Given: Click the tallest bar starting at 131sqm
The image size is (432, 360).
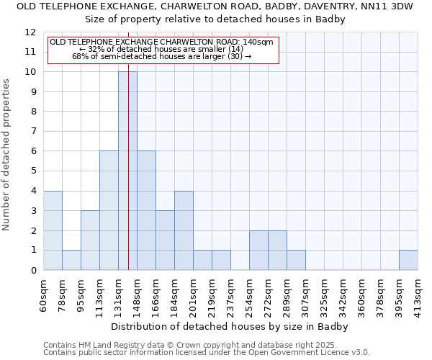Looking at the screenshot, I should click(127, 171).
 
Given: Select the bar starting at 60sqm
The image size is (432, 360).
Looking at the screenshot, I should click(53, 230).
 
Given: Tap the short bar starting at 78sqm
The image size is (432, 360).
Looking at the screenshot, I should click(71, 260).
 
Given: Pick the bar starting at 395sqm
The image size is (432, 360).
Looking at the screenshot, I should click(408, 260).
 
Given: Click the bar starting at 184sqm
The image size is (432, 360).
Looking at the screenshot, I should click(184, 230).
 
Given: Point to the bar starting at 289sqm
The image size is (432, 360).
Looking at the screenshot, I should click(296, 260).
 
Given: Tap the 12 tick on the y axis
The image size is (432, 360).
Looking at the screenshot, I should click(30, 32).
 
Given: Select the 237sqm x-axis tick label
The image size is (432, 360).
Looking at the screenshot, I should click(230, 295).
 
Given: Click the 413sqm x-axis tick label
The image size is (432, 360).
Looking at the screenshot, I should click(418, 295).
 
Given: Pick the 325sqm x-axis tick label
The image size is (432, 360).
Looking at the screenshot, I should click(324, 295).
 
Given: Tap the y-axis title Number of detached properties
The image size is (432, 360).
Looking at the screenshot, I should click(6, 155).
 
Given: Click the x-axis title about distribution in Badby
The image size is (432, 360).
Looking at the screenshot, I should click(230, 326).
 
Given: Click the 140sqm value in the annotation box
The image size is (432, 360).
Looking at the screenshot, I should click(258, 42).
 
